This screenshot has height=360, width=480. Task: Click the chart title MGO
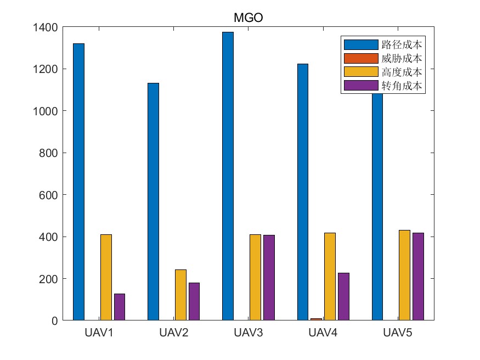click(x=249, y=18)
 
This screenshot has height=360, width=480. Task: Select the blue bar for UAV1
click(x=78, y=181)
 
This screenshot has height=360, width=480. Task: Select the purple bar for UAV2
click(x=194, y=301)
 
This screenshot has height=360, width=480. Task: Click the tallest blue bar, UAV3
click(x=228, y=176)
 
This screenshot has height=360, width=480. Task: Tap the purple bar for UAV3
click(x=269, y=278)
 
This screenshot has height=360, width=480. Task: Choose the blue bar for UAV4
click(x=303, y=192)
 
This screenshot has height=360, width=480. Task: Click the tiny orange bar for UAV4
click(x=317, y=319)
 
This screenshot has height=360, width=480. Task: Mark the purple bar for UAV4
click(x=343, y=296)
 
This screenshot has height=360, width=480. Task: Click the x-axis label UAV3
click(x=249, y=333)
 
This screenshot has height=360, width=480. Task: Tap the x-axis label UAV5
click(x=398, y=333)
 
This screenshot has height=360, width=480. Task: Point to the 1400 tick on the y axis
click(x=47, y=27)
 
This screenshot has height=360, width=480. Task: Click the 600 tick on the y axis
click(x=50, y=195)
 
